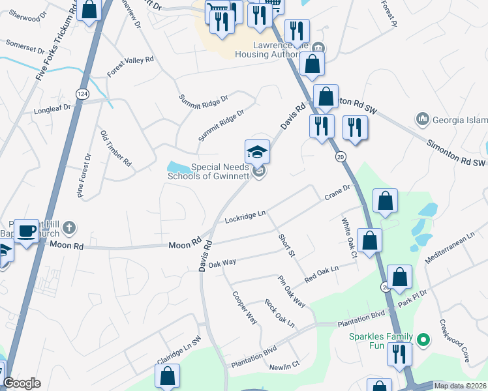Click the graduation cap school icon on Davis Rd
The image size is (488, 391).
pyautogui.click(x=257, y=152)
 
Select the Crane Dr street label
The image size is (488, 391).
pyautogui.click(x=337, y=192)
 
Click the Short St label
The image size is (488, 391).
pyautogui.click(x=287, y=244)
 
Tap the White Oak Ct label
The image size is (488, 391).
pyautogui.click(x=349, y=238)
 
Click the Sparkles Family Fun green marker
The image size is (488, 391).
pyautogui.click(x=423, y=340)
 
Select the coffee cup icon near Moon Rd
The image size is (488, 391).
pyautogui.click(x=27, y=231)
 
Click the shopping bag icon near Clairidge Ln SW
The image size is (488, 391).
pyautogui.click(x=167, y=376)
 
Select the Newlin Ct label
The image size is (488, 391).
pyautogui.click(x=285, y=364)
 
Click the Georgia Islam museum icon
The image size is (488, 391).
pyautogui.click(x=421, y=119)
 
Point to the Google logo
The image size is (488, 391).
pyautogui.click(x=22, y=383)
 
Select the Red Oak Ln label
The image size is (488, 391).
pyautogui.click(x=322, y=274)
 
